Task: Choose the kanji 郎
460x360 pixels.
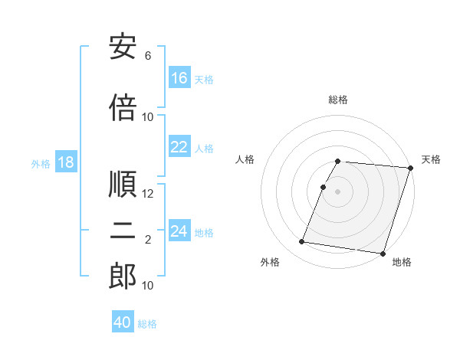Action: pyautogui.click(x=123, y=277)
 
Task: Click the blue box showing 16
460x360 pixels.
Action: pyautogui.click(x=179, y=78)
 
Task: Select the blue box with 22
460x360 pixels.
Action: pyautogui.click(x=179, y=147)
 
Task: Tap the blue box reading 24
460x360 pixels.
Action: pyautogui.click(x=179, y=231)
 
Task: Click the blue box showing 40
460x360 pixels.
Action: pyautogui.click(x=123, y=322)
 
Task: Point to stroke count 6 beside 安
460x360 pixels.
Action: pyautogui.click(x=148, y=56)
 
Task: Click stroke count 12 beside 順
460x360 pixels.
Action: pyautogui.click(x=148, y=194)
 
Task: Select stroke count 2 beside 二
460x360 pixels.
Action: pyautogui.click(x=148, y=240)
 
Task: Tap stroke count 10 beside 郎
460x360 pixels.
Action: pyautogui.click(x=148, y=286)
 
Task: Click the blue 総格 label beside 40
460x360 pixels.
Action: pyautogui.click(x=147, y=324)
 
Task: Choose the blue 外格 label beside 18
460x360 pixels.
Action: pyautogui.click(x=41, y=163)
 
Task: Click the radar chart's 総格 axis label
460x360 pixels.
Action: pyautogui.click(x=338, y=100)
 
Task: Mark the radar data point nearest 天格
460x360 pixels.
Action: pyautogui.click(x=410, y=169)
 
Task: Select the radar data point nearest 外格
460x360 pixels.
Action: pyautogui.click(x=301, y=242)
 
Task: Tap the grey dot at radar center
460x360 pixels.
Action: pyautogui.click(x=338, y=191)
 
